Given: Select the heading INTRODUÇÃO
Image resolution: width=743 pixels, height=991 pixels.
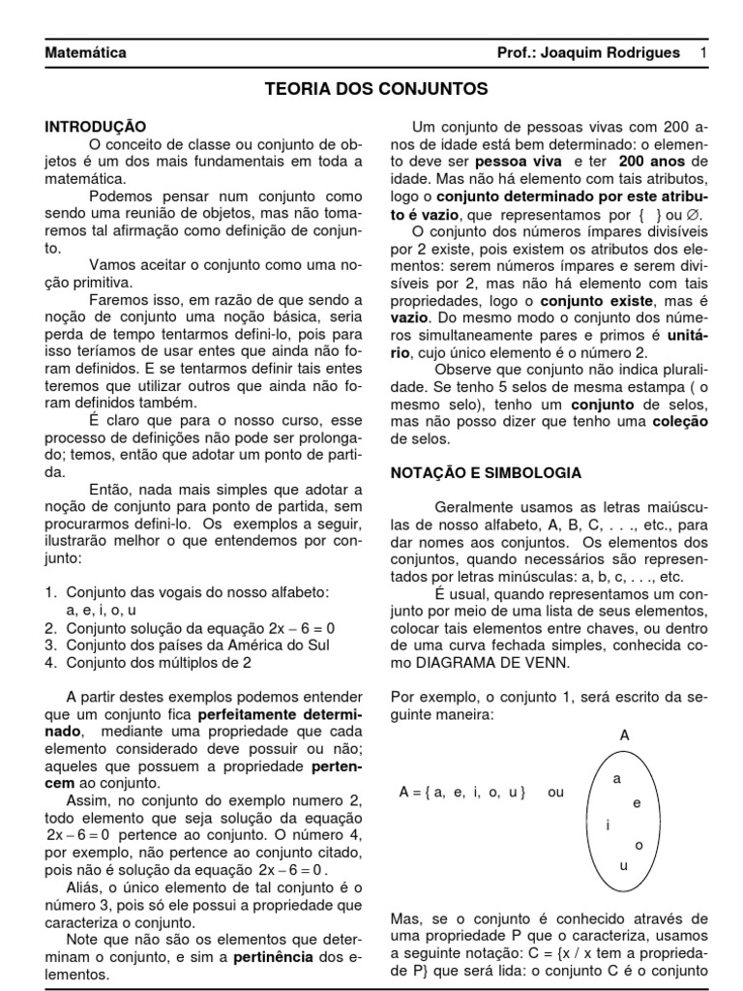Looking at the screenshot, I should coord(96,127).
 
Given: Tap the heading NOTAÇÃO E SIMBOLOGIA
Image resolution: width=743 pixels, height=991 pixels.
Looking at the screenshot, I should coord(485,473).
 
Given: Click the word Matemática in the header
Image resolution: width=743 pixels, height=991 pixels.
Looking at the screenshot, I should coord(86,52).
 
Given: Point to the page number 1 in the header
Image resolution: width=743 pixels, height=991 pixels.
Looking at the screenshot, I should coord(703,52).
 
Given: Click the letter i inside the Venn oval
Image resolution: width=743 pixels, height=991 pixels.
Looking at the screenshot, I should coord(608,825).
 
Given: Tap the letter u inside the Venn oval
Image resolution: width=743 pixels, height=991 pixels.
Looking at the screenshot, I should coord(623,865).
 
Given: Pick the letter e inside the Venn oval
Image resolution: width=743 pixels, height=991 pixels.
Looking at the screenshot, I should coord(636,802).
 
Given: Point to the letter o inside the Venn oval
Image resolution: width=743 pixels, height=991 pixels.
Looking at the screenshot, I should coord(639,845).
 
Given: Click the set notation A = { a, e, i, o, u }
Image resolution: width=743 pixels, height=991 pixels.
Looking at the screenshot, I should coord(462,792).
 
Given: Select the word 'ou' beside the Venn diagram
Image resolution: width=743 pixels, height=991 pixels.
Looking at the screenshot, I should coord(555,792).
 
